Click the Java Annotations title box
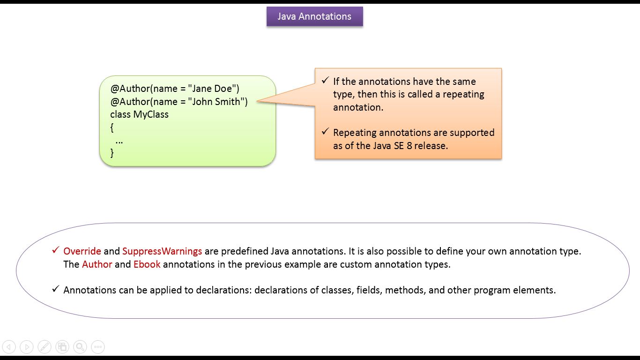click(x=314, y=16)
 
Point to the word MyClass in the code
click(x=151, y=114)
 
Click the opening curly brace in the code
click(x=112, y=127)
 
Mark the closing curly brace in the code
click(x=112, y=153)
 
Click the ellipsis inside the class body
click(x=119, y=141)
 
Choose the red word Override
click(x=82, y=251)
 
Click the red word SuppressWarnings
click(x=162, y=251)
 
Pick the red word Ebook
click(x=147, y=264)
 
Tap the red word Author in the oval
click(x=97, y=264)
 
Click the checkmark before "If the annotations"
click(x=325, y=81)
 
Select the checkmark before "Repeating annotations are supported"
click(x=325, y=132)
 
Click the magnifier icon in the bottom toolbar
click(x=80, y=347)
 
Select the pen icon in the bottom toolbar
click(x=45, y=347)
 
